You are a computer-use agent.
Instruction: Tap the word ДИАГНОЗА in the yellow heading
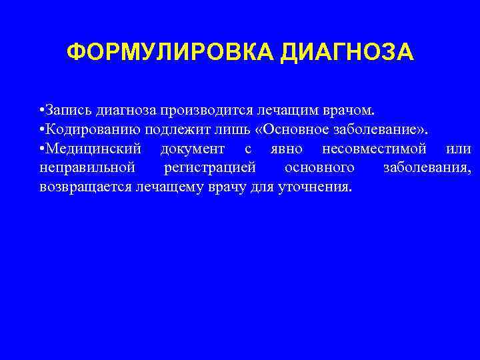(x=348, y=53)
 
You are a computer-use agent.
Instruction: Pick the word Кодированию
(x=87, y=128)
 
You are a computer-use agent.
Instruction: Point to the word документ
(x=193, y=147)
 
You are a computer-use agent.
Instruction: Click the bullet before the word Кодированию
(x=41, y=128)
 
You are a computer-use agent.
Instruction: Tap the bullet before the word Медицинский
(x=41, y=147)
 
